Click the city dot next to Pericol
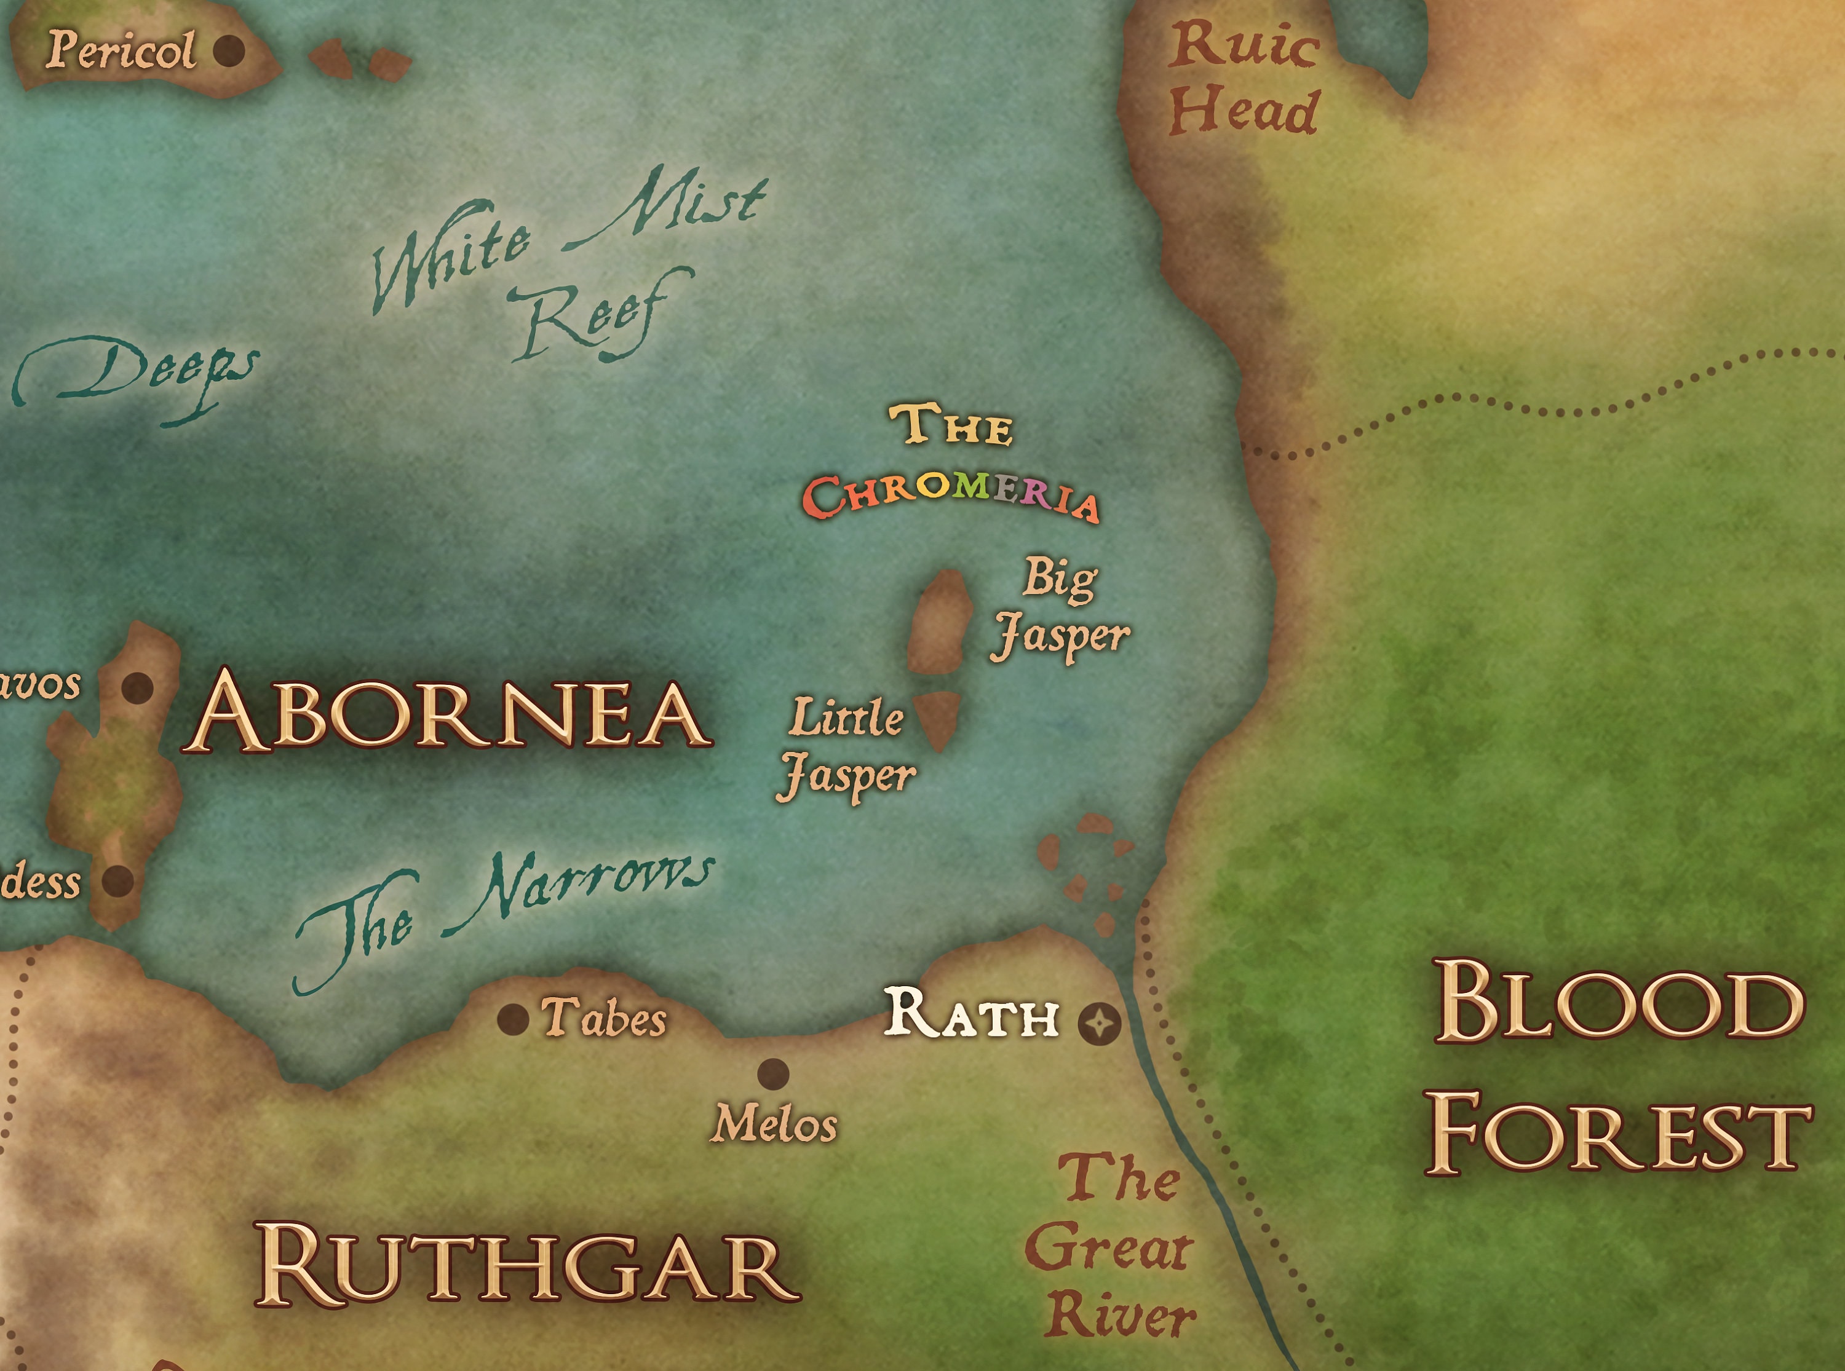point(229,50)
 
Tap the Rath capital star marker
point(1099,1024)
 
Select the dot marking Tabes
point(513,1019)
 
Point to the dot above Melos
point(772,1074)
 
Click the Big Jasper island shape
point(940,622)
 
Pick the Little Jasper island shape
point(938,718)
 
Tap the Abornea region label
point(448,713)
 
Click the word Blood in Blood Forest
point(1619,1003)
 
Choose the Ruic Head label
point(1244,79)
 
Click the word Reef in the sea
point(598,320)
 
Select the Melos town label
point(774,1125)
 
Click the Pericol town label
point(121,50)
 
